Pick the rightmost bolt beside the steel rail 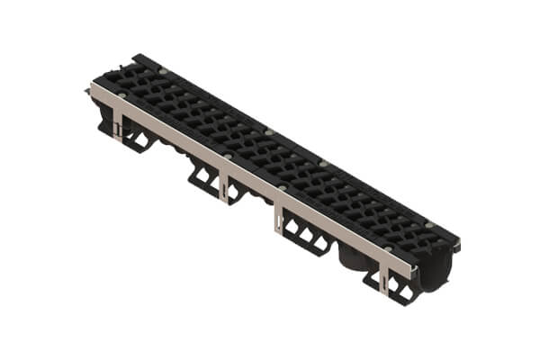(x=387, y=249)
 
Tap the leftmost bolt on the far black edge (x=163, y=69)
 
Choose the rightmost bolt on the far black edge (x=429, y=225)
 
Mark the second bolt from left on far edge (x=268, y=131)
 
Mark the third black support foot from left (x=306, y=238)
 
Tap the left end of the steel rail (x=93, y=87)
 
